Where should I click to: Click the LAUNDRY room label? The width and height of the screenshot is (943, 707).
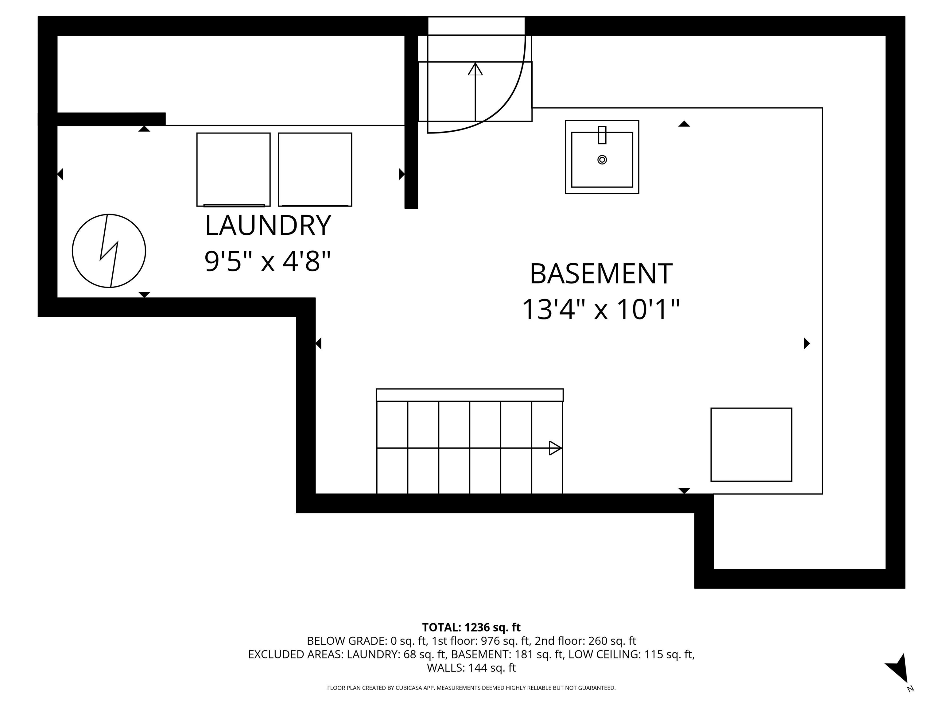(268, 226)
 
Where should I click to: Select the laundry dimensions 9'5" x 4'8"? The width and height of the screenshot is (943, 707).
(268, 261)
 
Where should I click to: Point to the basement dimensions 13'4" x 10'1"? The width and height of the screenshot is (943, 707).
(601, 309)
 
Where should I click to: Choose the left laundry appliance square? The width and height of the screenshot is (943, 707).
(233, 169)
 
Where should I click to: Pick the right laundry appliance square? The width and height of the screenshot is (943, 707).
(315, 169)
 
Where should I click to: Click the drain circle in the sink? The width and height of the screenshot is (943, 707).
(602, 160)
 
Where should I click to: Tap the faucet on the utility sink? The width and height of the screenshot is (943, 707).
(602, 135)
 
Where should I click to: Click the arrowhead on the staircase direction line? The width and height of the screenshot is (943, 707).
(555, 448)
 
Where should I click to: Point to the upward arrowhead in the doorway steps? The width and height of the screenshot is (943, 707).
(475, 69)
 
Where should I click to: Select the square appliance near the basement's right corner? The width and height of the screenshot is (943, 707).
(751, 445)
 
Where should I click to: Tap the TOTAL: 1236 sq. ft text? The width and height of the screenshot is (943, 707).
(471, 627)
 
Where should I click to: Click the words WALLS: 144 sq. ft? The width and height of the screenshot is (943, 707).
(471, 668)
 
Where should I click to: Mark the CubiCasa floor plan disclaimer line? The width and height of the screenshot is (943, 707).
(471, 688)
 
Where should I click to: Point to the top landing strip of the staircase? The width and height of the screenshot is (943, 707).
(469, 395)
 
